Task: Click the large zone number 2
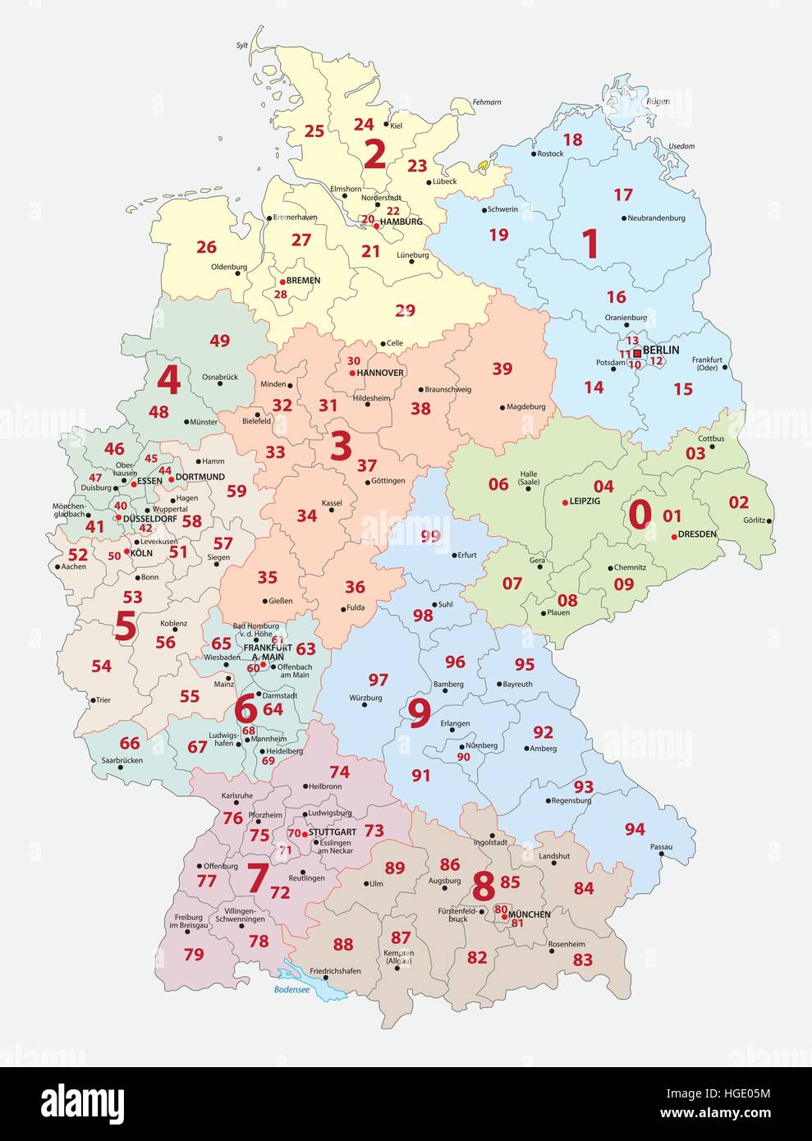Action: tap(374, 154)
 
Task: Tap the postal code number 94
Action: tap(635, 829)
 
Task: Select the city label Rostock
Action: tap(550, 154)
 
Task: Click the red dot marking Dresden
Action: tap(673, 536)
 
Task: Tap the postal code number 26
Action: tap(206, 246)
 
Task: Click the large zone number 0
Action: tap(640, 514)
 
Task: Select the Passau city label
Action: tap(661, 846)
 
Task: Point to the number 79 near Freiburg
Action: tap(194, 954)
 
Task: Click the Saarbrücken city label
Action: tap(118, 760)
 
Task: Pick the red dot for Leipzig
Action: tap(564, 502)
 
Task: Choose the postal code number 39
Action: tap(502, 369)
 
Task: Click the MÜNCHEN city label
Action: tap(529, 914)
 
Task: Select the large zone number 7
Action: tap(257, 879)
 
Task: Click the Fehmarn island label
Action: tap(487, 102)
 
